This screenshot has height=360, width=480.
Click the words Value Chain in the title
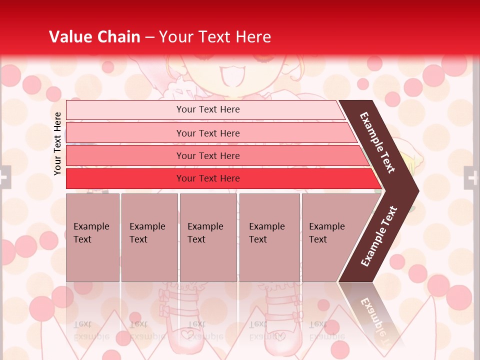pyautogui.click(x=94, y=37)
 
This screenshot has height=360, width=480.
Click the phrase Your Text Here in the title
pyautogui.click(x=215, y=37)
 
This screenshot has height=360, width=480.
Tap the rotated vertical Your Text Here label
pyautogui.click(x=57, y=143)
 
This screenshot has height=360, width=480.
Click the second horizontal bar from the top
pyautogui.click(x=208, y=133)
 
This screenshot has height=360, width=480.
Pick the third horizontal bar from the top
pyautogui.click(x=208, y=156)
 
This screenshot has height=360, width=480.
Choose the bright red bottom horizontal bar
pyautogui.click(x=208, y=178)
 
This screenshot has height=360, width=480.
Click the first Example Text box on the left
pyautogui.click(x=92, y=237)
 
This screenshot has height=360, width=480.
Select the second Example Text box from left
pyautogui.click(x=149, y=237)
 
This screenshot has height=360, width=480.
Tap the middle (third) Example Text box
pyautogui.click(x=207, y=237)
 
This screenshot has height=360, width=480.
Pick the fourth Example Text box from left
pyautogui.click(x=269, y=237)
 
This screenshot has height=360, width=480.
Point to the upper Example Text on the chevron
pyautogui.click(x=378, y=142)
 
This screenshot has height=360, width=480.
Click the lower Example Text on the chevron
pyautogui.click(x=379, y=236)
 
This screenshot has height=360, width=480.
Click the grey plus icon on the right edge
pyautogui.click(x=471, y=177)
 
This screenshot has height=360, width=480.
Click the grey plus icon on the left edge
pyautogui.click(x=4, y=177)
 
